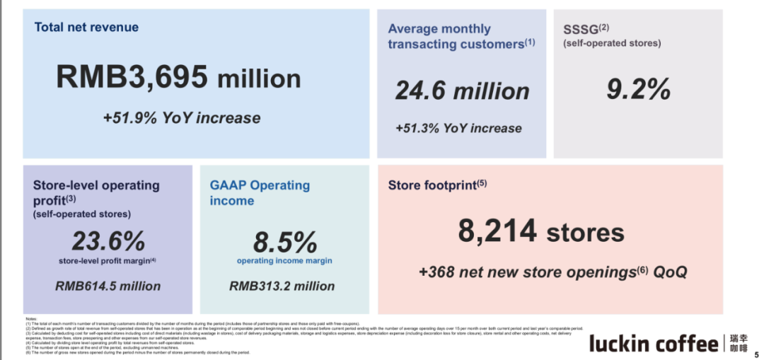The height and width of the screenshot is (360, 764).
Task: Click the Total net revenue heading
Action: pyautogui.click(x=86, y=28)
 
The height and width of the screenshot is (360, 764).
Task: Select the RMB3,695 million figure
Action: pyautogui.click(x=178, y=77)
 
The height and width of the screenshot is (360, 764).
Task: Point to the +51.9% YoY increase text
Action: pyautogui.click(x=181, y=117)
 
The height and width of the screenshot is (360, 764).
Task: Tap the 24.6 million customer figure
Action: pyautogui.click(x=462, y=91)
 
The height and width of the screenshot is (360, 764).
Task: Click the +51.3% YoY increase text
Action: pyautogui.click(x=458, y=129)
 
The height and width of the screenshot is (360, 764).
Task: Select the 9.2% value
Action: pyautogui.click(x=638, y=90)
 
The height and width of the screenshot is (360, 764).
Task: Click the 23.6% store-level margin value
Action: pyautogui.click(x=108, y=241)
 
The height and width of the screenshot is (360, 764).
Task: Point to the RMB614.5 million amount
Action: pyautogui.click(x=108, y=286)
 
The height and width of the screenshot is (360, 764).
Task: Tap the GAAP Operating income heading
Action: pyautogui.click(x=260, y=192)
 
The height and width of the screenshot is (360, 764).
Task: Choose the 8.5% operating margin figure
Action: pyautogui.click(x=284, y=243)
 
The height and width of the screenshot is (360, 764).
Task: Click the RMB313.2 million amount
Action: pyautogui.click(x=282, y=286)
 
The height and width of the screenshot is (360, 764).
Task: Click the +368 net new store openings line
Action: pyautogui.click(x=552, y=272)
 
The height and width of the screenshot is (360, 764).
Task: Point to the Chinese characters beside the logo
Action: pyautogui.click(x=739, y=344)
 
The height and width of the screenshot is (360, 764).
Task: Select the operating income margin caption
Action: pyautogui.click(x=284, y=261)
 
